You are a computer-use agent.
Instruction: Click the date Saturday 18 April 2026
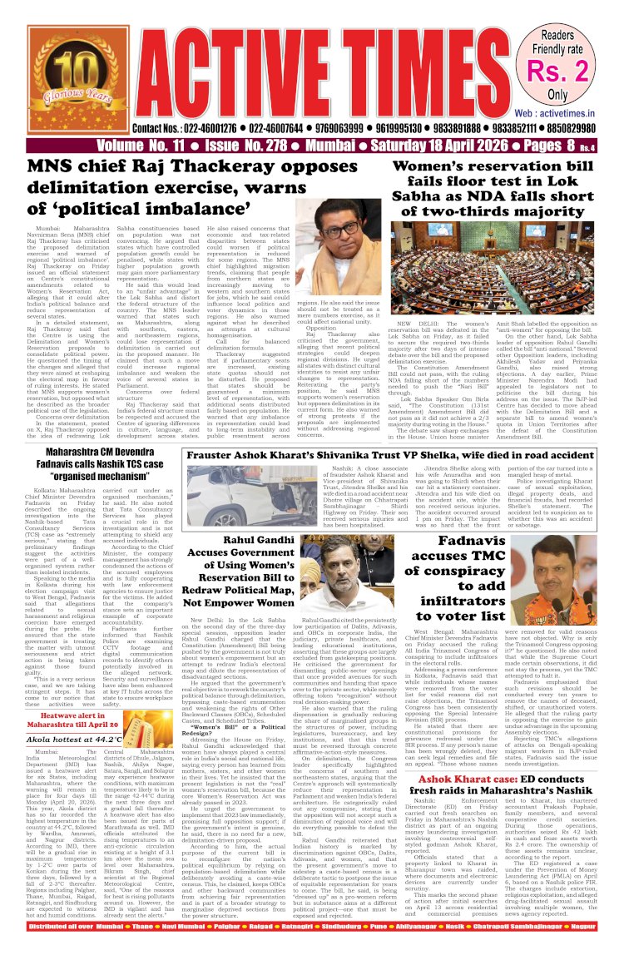click(x=417, y=146)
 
